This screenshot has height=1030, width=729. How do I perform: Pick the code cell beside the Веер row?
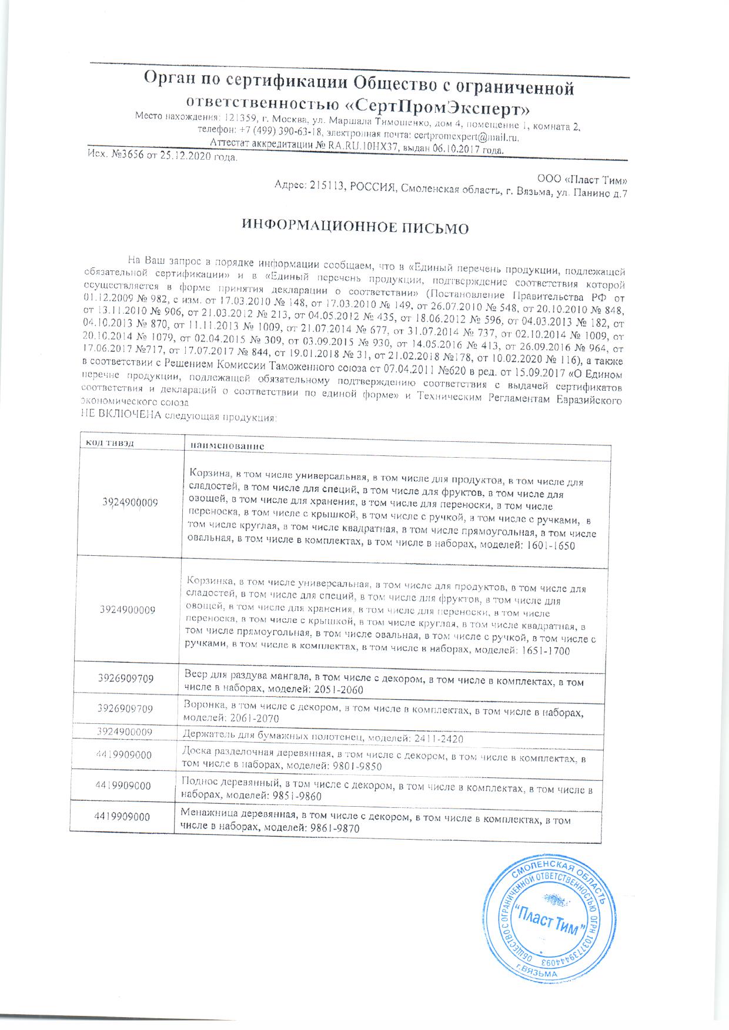[x=126, y=678]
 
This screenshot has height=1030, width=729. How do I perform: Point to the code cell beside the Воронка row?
[x=125, y=709]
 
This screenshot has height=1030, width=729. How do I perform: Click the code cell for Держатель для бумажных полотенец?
[x=125, y=732]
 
